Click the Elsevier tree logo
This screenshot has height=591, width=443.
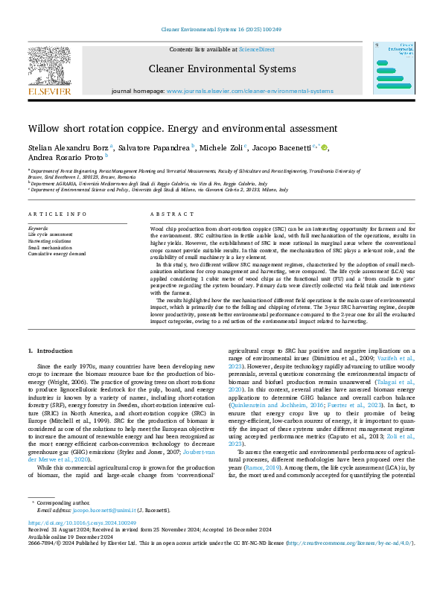(49, 68)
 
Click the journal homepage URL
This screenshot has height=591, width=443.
(249, 91)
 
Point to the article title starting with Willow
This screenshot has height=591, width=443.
(182, 128)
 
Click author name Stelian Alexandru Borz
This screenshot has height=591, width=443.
(68, 147)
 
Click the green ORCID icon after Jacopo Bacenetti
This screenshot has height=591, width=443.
(325, 147)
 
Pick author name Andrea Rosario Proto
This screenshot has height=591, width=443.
(66, 158)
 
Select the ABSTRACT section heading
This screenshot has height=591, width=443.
(167, 214)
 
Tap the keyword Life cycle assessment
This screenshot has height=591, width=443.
(53, 234)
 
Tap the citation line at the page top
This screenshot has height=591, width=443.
(221, 30)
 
